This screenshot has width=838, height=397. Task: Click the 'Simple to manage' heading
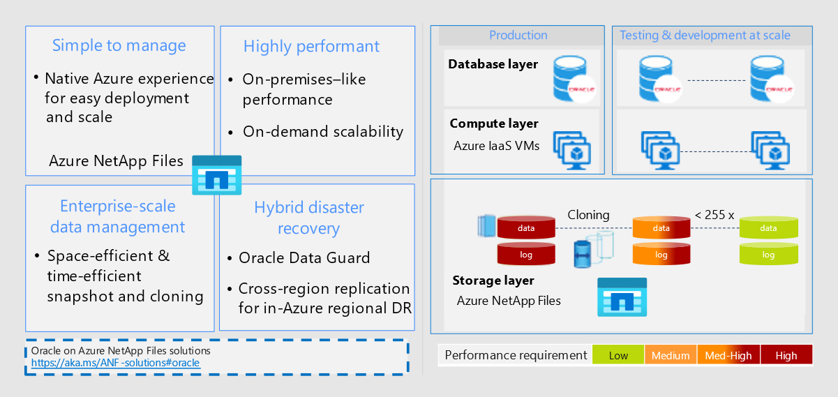[x=119, y=46]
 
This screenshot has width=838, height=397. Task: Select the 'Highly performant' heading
[x=311, y=47]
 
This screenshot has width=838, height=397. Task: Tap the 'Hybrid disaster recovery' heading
[x=308, y=218]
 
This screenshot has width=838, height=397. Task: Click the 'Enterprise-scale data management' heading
[x=118, y=216]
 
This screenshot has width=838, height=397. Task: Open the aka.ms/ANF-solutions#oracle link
[x=115, y=364]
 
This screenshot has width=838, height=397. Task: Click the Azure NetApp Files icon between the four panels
[x=216, y=174]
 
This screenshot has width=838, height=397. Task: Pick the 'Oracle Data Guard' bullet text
[x=304, y=258]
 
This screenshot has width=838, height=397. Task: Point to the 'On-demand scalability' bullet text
[x=322, y=131]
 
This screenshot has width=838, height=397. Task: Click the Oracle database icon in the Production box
[x=571, y=77]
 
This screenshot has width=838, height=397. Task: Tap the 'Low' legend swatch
[x=618, y=355]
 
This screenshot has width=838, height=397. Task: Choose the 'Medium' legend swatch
[x=671, y=355]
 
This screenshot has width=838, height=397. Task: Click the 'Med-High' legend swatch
[x=728, y=355]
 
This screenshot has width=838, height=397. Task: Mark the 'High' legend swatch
[x=786, y=355]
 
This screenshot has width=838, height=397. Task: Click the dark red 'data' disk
[x=526, y=228]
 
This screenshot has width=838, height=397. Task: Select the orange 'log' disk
[x=661, y=255]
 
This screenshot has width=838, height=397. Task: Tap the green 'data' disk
[x=768, y=228]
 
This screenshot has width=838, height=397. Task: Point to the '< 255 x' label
[x=714, y=215]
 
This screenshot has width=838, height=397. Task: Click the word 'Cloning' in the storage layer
[x=588, y=215]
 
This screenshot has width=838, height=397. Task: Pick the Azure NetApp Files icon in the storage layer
[x=622, y=297]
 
